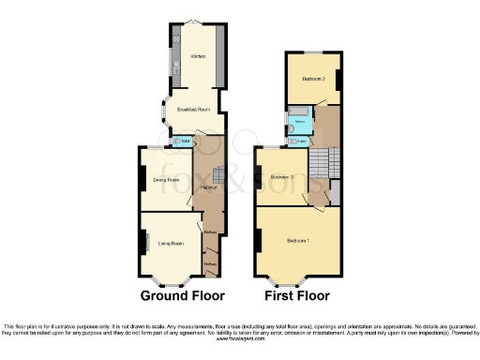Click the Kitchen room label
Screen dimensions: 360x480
pos(198,56)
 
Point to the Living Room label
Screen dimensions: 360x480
pos(171,243)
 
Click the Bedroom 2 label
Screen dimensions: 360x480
pos(313,79)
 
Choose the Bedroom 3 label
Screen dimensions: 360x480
pos(282,177)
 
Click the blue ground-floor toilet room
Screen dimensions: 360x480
pos(186,142)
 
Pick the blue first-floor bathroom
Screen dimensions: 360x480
pos(299,123)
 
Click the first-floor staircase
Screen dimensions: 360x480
pos(324,164)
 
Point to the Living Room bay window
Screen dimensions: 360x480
pos(169,280)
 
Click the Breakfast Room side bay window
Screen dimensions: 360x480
pos(164,112)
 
